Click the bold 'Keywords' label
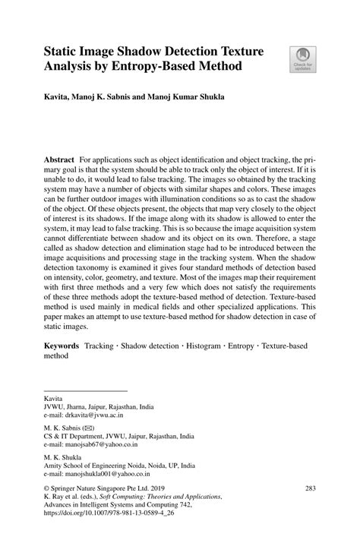(62, 345)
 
